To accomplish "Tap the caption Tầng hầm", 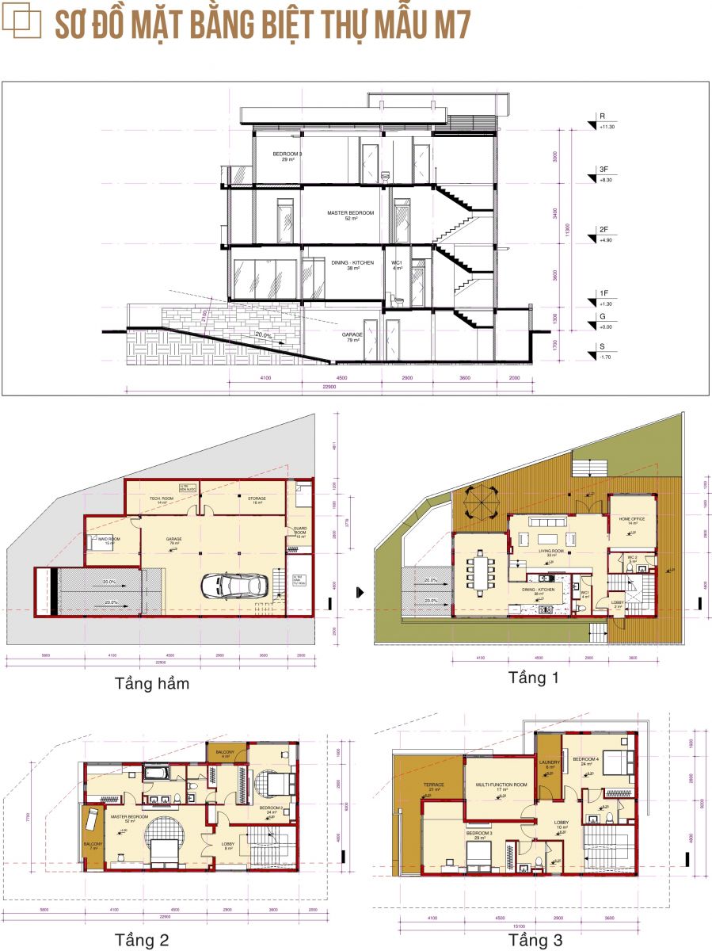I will point(152,683).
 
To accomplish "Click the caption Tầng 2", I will point(141,940).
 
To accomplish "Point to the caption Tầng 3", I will point(535,940).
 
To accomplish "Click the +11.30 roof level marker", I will point(607,126).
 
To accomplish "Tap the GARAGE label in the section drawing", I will point(352,335).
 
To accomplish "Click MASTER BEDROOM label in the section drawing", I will point(350,214).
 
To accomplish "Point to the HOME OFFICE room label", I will point(633,519).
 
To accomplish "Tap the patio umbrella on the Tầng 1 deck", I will point(482,503).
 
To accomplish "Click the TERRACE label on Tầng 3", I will point(434,785).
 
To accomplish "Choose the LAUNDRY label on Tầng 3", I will point(550,763).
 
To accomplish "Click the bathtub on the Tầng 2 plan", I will point(155,774).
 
